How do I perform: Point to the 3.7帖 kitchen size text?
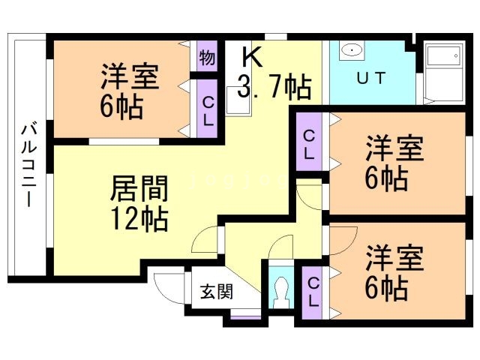[x=274, y=87]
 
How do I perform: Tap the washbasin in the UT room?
[x=349, y=51]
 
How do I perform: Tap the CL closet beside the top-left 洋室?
[x=207, y=109]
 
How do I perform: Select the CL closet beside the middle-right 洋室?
[x=309, y=143]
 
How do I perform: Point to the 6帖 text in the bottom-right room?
[x=386, y=287]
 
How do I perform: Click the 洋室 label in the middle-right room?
[x=394, y=148]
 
